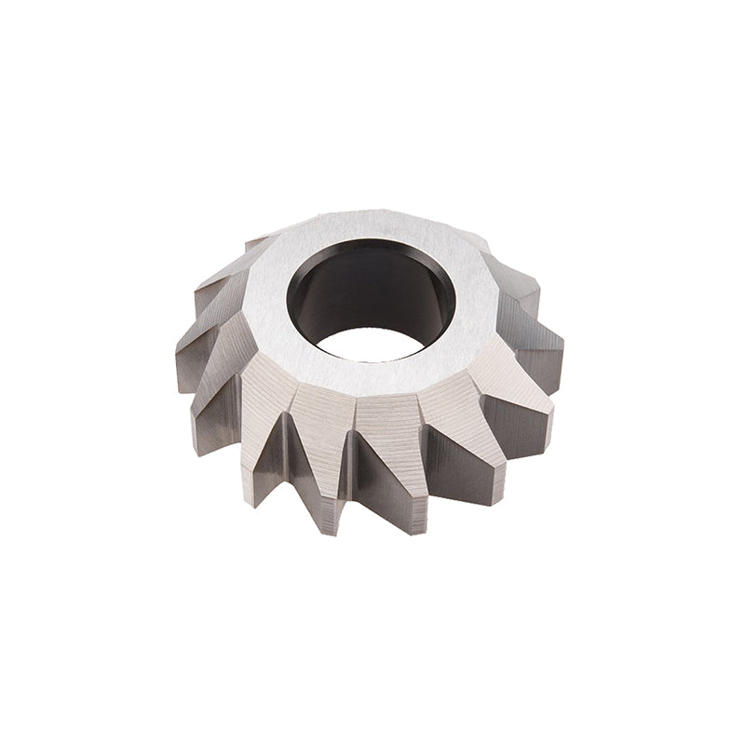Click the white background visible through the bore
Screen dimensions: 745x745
(372, 344)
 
